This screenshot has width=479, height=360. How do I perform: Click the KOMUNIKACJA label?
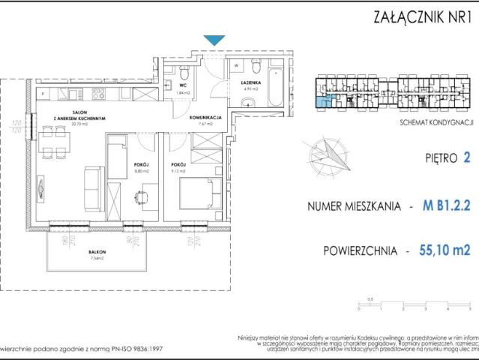tap(204, 118)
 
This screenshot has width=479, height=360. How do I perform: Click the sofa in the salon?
tap(91, 182)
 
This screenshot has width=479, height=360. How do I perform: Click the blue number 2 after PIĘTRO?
tap(467, 158)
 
